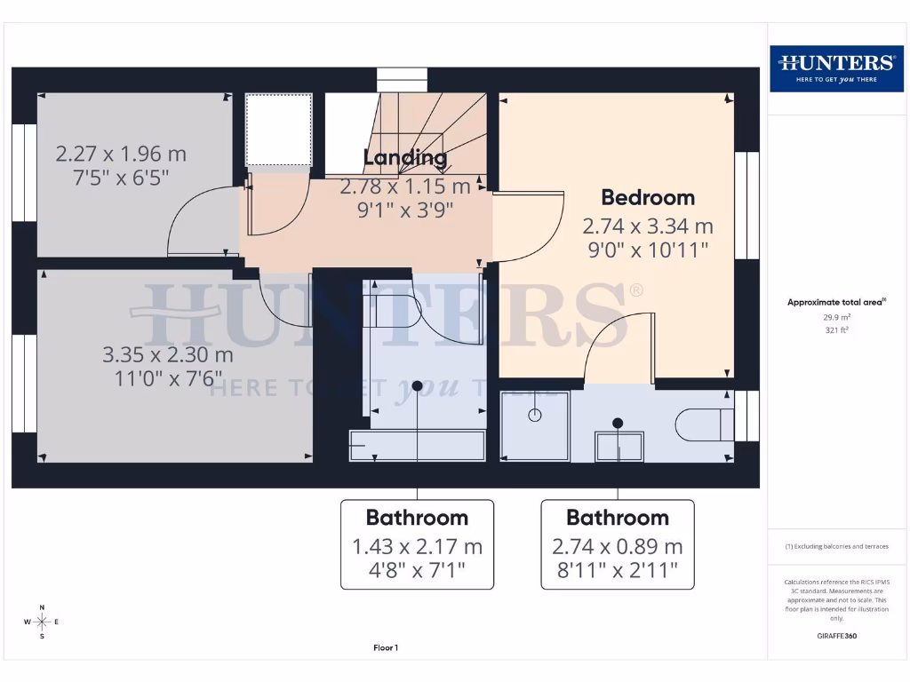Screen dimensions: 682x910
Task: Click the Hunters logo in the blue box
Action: click(836, 67)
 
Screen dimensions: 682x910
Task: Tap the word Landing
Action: click(405, 158)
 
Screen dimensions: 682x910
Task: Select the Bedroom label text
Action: click(648, 197)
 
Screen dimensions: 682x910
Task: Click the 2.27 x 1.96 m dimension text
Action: click(121, 154)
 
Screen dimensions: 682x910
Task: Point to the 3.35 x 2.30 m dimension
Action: click(168, 355)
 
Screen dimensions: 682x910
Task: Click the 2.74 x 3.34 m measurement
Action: click(647, 226)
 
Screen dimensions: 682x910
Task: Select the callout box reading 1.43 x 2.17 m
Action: click(417, 544)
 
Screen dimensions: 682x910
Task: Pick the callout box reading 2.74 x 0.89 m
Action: click(617, 544)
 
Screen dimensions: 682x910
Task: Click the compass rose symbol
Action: click(41, 621)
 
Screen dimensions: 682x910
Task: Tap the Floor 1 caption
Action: click(385, 648)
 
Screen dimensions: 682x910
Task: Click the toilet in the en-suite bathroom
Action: click(705, 424)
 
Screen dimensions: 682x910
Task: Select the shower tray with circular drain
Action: click(535, 425)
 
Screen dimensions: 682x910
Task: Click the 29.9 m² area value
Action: click(836, 316)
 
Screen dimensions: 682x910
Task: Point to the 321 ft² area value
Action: click(836, 329)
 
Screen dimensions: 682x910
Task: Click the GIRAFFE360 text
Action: click(836, 636)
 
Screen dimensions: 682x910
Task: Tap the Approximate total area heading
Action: click(836, 302)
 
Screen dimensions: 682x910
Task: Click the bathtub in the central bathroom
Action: click(418, 445)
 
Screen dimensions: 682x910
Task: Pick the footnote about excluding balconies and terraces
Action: click(836, 546)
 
